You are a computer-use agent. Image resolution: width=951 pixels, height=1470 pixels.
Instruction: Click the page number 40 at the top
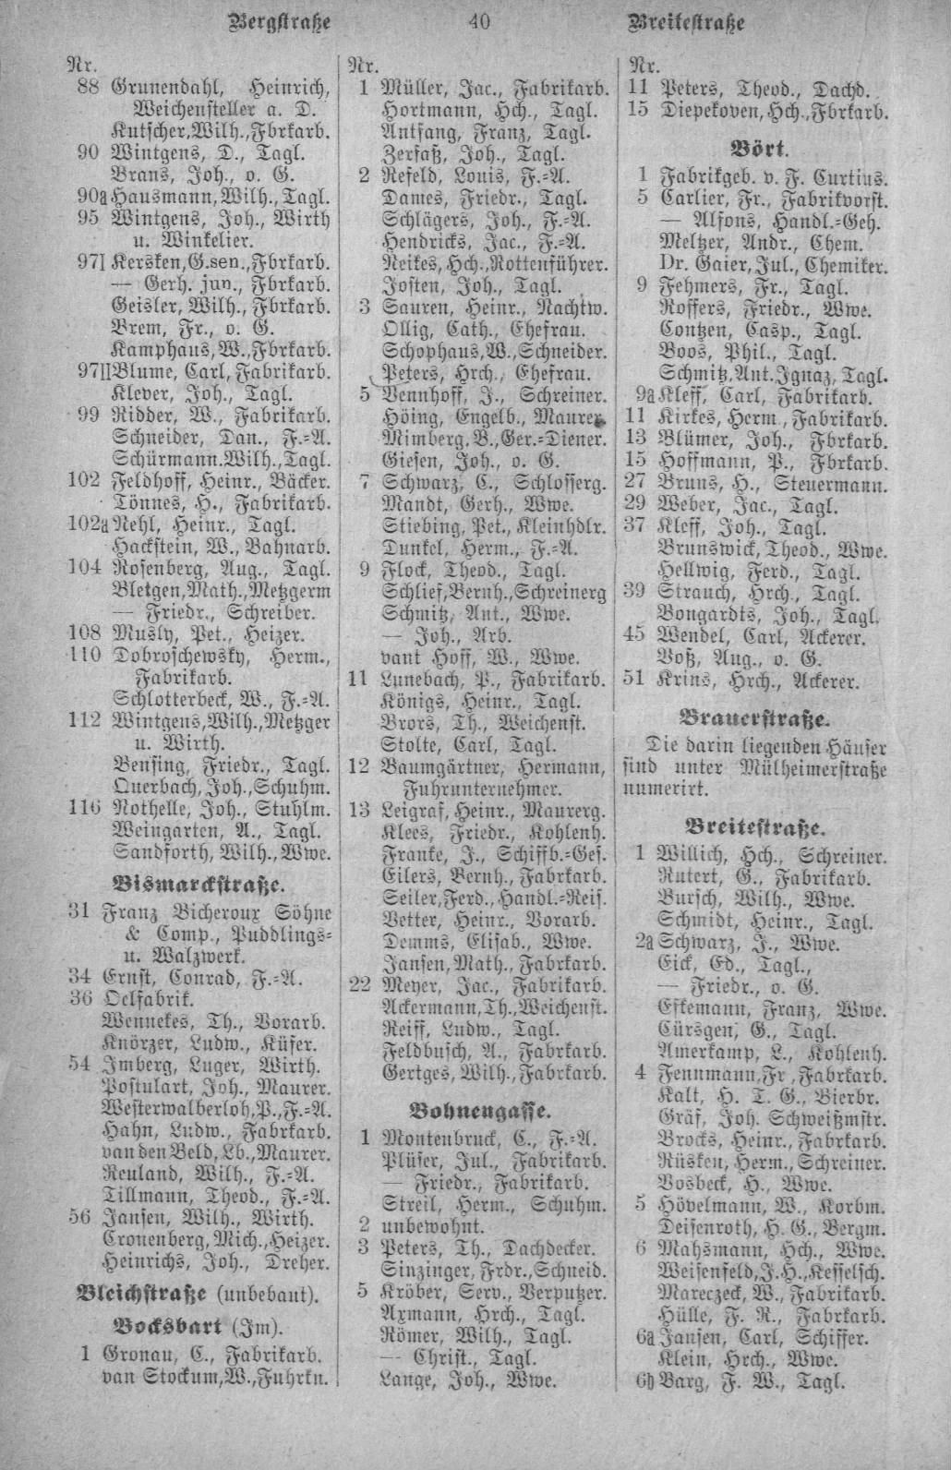pyautogui.click(x=477, y=21)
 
